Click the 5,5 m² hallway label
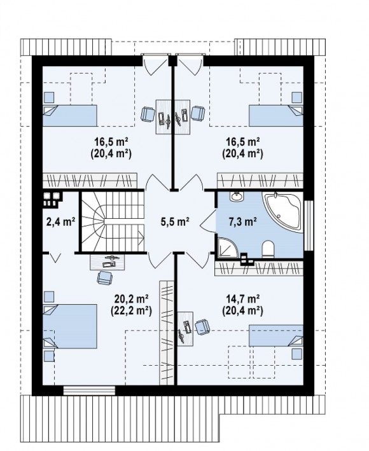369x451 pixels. [175, 222]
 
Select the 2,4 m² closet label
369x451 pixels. [60, 222]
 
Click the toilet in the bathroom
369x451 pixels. [268, 249]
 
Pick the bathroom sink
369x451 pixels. [237, 197]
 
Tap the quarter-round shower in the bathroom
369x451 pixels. [227, 247]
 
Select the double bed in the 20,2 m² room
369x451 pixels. [70, 326]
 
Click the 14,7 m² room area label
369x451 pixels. [243, 299]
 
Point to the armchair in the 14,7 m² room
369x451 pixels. [202, 327]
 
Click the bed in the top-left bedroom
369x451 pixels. [70, 115]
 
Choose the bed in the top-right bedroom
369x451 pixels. [276, 115]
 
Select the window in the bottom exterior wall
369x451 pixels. [89, 391]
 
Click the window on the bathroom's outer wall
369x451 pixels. [309, 225]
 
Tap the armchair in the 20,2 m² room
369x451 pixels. [105, 277]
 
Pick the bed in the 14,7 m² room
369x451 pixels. [276, 336]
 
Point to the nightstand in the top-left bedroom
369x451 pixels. [49, 97]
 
